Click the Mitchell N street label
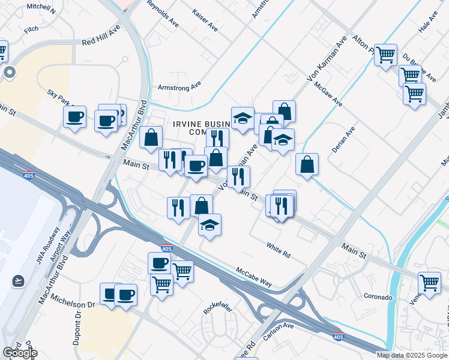click(42, 9)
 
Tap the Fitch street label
click(31, 29)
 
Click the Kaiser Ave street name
click(205, 20)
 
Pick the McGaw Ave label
click(328, 94)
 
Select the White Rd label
click(279, 250)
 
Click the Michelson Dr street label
click(73, 301)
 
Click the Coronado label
click(378, 297)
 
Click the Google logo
click(20, 352)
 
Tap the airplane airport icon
click(17, 280)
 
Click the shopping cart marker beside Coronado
click(429, 282)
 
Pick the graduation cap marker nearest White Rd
click(209, 225)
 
